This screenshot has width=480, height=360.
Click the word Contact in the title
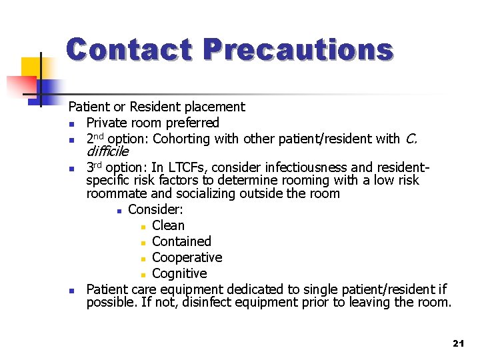point(130,50)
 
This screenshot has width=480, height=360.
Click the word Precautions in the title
point(298,50)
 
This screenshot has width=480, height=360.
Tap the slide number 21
point(457,343)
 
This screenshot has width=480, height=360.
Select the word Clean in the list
point(168,225)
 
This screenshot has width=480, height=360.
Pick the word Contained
point(181,241)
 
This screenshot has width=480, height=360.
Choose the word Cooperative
point(187,257)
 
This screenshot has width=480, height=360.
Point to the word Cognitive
point(179,273)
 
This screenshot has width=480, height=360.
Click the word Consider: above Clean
point(155,209)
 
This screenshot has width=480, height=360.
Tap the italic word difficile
point(107,151)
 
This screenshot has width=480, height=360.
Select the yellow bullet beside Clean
point(143,227)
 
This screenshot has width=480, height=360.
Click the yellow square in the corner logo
point(31,67)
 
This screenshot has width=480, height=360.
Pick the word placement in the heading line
point(217,107)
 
